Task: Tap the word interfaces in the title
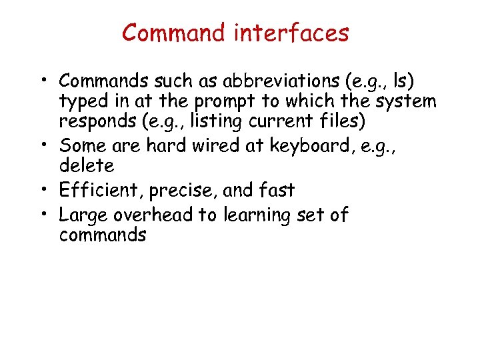[291, 33]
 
